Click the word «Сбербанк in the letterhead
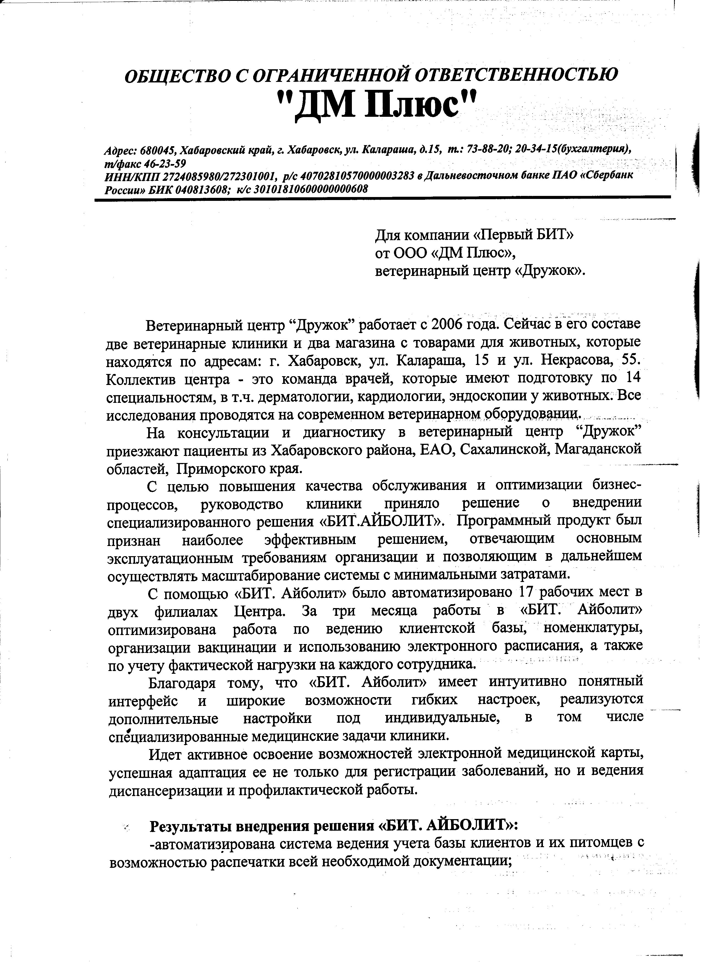point(606,175)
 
